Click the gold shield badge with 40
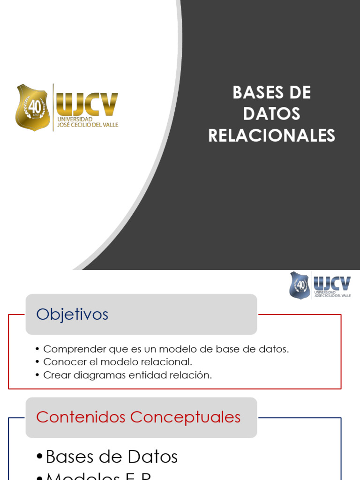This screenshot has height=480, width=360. (x=32, y=107)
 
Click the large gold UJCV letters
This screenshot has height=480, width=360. (x=87, y=104)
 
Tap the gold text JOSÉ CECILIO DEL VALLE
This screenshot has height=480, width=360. (x=87, y=125)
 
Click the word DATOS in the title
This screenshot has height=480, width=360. (x=272, y=114)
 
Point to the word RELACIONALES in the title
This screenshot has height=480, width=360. (x=272, y=135)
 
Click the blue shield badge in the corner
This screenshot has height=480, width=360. (x=300, y=285)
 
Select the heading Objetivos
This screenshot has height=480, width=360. (x=72, y=315)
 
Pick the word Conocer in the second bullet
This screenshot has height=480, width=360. (x=61, y=362)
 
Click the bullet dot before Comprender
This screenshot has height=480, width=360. (x=37, y=350)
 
